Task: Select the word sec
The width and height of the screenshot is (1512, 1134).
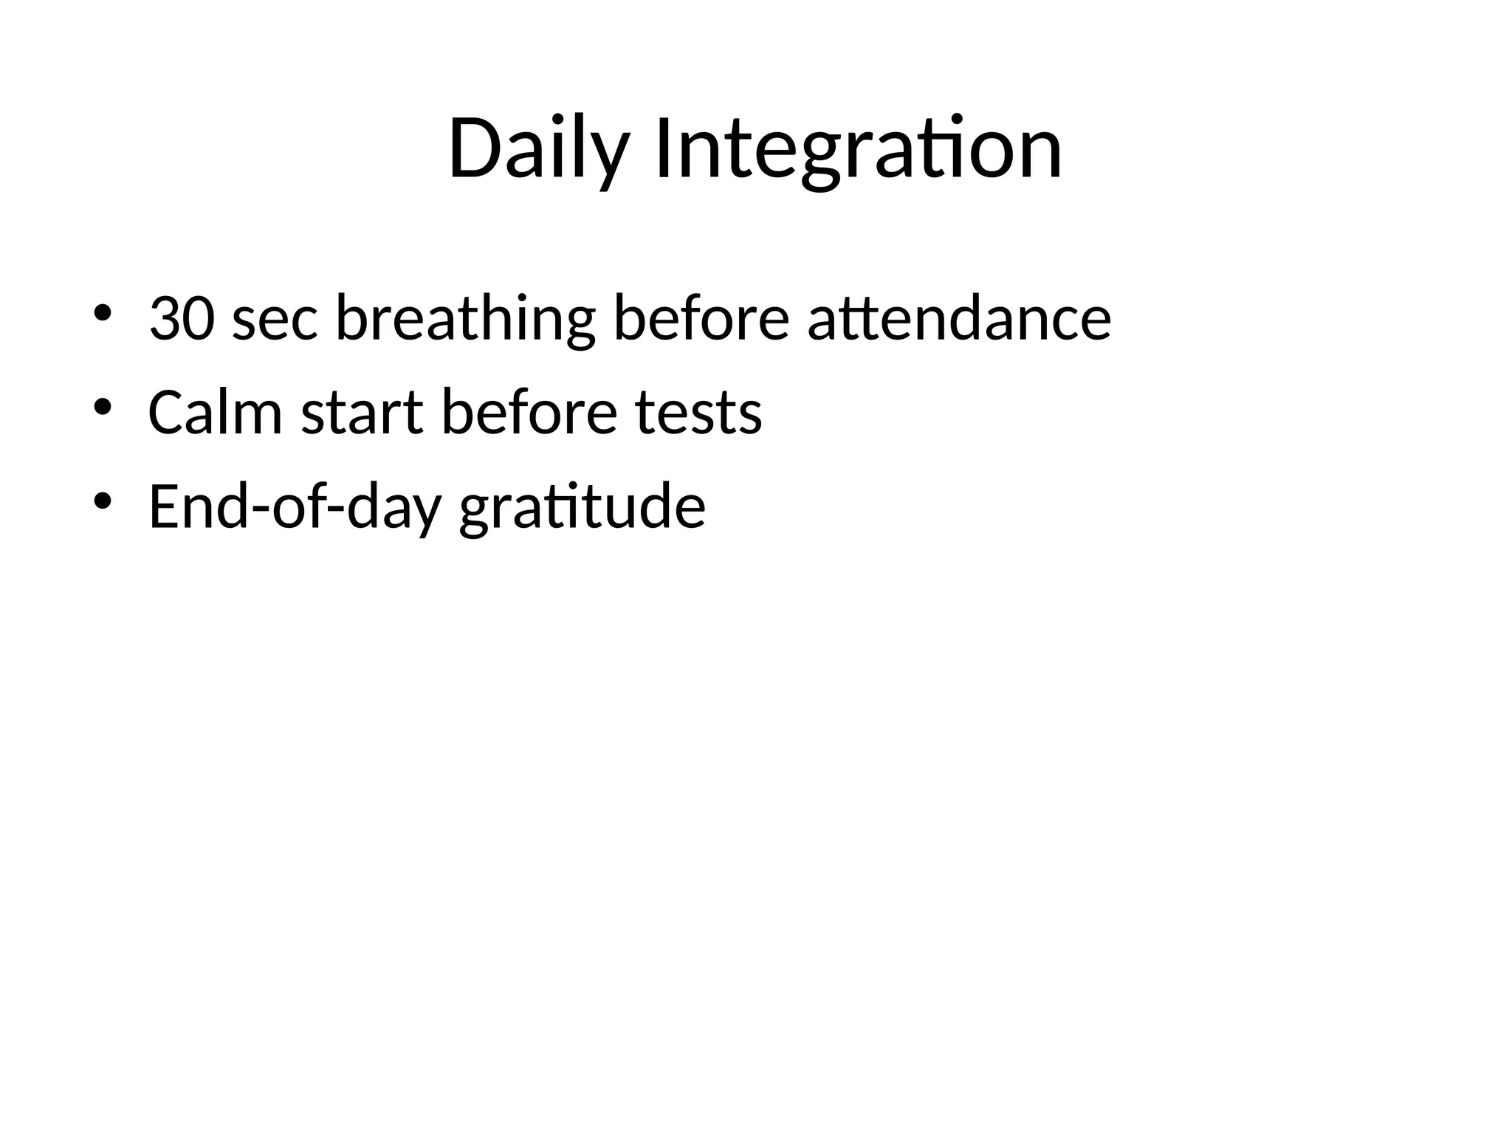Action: (275, 320)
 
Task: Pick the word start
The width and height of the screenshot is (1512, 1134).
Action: (362, 413)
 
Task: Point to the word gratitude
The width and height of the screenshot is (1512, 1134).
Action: (582, 506)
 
